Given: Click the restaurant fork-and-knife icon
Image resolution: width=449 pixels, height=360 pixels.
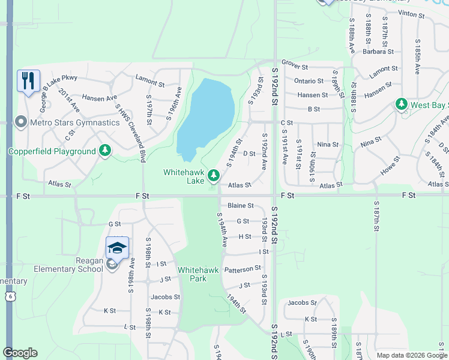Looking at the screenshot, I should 28,80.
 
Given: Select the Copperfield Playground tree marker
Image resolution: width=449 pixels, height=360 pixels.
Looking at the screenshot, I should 106,150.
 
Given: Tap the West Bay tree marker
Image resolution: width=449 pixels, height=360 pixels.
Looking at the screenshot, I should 402,105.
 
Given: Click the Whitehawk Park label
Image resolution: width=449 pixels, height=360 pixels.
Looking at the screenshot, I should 192,274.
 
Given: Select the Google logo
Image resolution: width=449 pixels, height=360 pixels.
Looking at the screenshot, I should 20,353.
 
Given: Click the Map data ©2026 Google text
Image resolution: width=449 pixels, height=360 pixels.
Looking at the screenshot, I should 411,355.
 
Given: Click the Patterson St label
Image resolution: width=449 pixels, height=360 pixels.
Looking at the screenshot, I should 243,269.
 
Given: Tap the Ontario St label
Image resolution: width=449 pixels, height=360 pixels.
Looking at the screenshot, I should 309,81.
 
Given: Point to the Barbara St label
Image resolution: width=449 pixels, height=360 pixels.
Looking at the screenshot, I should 378,52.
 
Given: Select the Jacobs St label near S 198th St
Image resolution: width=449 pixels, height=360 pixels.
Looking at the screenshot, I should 165,297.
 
